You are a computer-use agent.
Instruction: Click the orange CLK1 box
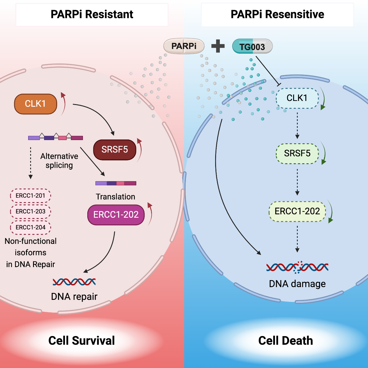point(35,104)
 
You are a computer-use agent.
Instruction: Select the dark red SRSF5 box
point(115,150)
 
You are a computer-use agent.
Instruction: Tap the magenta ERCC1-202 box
point(116,215)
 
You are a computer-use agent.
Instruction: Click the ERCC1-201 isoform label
point(30,196)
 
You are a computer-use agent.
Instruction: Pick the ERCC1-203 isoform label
point(30,211)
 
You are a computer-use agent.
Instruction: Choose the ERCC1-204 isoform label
point(30,227)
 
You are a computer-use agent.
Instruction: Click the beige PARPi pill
point(184,46)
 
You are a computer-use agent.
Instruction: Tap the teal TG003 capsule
point(252,46)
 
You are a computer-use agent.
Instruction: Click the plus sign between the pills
point(218,46)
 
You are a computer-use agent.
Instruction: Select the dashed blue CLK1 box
point(297,98)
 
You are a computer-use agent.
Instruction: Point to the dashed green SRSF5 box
point(297,153)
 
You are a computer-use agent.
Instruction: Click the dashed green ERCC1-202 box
point(297,211)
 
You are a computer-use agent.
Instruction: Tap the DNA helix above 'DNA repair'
point(74,282)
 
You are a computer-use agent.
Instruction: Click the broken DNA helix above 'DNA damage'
point(297,267)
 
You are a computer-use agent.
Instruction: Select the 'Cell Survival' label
point(81,341)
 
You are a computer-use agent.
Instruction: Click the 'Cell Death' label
point(286,341)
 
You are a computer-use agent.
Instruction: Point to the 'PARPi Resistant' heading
point(92,14)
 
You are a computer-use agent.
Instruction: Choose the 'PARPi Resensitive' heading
point(277,14)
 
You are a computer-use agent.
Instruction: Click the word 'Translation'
point(115,197)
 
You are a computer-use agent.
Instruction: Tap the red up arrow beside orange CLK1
point(63,103)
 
